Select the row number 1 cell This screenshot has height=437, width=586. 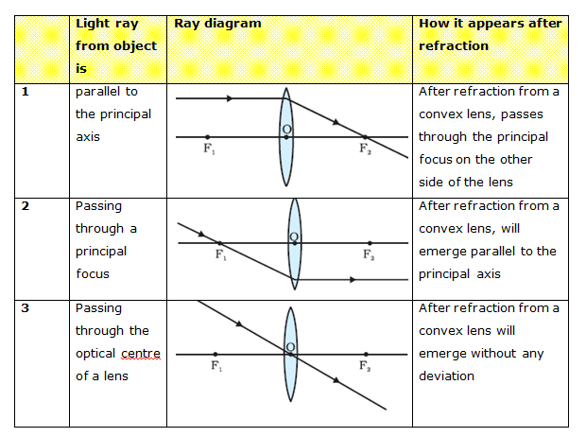pos(26,93)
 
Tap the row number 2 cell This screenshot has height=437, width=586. pos(26,206)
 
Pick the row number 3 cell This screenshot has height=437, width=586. pos(26,308)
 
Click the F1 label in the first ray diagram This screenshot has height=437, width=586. pos(208,149)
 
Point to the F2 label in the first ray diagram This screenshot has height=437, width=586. pos(365,149)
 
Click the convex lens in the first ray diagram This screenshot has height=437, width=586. pos(286,137)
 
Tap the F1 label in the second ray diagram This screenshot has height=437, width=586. pos(220,255)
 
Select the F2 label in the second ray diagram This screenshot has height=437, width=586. pos(369,255)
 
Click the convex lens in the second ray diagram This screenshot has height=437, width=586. pos(295,242)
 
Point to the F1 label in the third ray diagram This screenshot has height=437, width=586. pos(215,365)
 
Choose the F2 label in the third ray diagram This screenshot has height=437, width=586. pos(364,365)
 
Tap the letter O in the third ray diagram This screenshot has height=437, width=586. pos(290,346)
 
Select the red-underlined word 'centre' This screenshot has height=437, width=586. pos(139,354)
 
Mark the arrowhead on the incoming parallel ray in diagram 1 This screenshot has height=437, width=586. pos(230,97)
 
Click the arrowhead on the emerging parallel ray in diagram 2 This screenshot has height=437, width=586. pos(352,279)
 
